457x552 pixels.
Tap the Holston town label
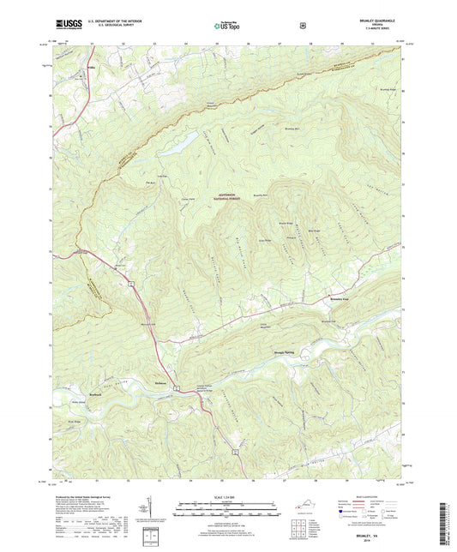[x=159, y=381]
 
